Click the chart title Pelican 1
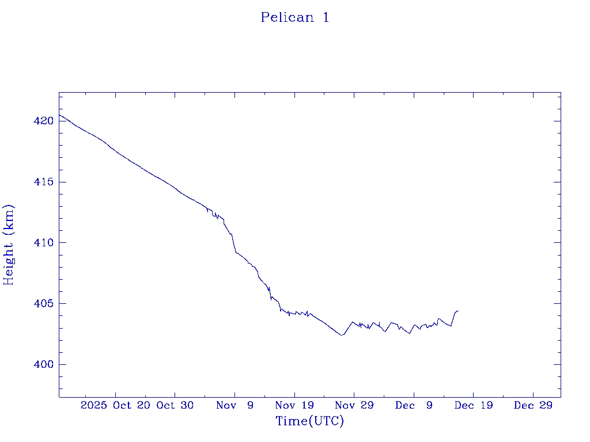(295, 18)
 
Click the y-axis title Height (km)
(9, 245)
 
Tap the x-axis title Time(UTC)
(309, 421)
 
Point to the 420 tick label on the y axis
(44, 121)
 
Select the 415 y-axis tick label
(44, 182)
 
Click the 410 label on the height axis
(44, 243)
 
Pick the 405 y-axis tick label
(44, 303)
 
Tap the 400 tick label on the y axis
(44, 364)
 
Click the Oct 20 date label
(132, 406)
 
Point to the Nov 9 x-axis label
(235, 406)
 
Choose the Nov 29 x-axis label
(354, 406)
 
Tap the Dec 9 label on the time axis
(414, 406)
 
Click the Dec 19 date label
(473, 406)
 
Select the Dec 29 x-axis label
(533, 406)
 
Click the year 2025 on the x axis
(93, 406)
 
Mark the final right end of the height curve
(458, 311)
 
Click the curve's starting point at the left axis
(59, 115)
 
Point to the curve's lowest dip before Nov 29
(342, 335)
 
